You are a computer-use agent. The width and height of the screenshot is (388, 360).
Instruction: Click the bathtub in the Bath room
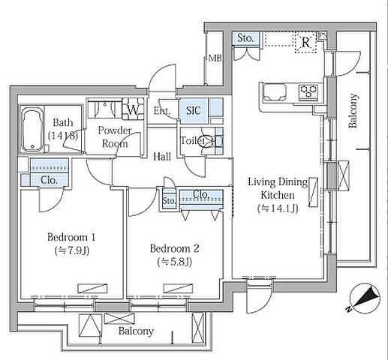[32, 129]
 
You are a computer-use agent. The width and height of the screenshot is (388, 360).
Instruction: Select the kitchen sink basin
[275, 92]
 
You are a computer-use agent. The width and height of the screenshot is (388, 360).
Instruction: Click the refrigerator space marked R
[305, 43]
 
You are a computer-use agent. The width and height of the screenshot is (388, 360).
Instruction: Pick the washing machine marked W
[133, 109]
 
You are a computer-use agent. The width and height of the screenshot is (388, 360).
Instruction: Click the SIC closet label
[194, 110]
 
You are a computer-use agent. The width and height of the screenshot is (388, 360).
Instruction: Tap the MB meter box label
[215, 58]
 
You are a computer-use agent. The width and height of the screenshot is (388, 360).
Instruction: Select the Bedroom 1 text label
[71, 237]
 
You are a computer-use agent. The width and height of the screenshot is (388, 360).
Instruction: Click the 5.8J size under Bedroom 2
[175, 262]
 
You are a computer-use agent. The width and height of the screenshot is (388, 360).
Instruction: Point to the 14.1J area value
[278, 208]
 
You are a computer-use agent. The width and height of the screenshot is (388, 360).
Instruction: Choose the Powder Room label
[115, 137]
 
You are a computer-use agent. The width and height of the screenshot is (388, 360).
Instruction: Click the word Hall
[162, 157]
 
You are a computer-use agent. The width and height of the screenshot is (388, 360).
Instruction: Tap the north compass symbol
[365, 298]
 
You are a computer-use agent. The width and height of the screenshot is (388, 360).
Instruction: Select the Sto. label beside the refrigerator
[245, 38]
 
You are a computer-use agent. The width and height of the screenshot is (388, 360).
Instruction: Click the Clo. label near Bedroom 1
[49, 180]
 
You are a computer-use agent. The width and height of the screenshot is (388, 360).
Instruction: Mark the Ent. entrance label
[162, 111]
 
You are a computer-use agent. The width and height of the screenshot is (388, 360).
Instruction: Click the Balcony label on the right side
[353, 111]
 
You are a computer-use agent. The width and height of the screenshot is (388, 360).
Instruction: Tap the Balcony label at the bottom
[136, 331]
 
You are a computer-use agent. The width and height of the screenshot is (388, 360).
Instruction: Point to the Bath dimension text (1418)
[63, 136]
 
